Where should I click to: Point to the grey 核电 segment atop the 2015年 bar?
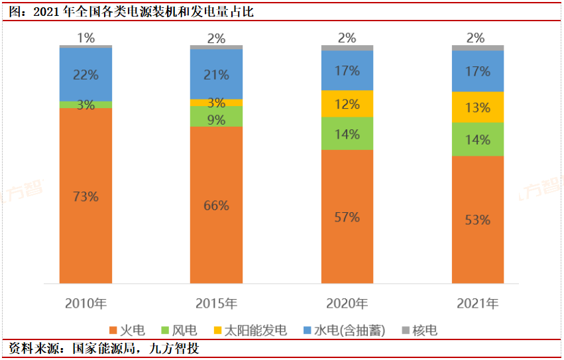pos(216,47)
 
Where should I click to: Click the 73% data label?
pos(85,197)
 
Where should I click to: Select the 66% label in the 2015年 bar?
pos(216,206)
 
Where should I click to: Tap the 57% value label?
pos(347,217)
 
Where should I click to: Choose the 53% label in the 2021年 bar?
pos(478,220)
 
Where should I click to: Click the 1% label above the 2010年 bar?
pos(85,38)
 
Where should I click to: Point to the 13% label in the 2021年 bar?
pos(478,107)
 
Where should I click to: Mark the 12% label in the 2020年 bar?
pos(347,104)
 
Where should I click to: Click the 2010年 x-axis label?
pos(85,304)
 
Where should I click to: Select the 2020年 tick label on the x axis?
pos(347,304)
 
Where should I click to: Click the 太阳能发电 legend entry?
pos(248,330)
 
